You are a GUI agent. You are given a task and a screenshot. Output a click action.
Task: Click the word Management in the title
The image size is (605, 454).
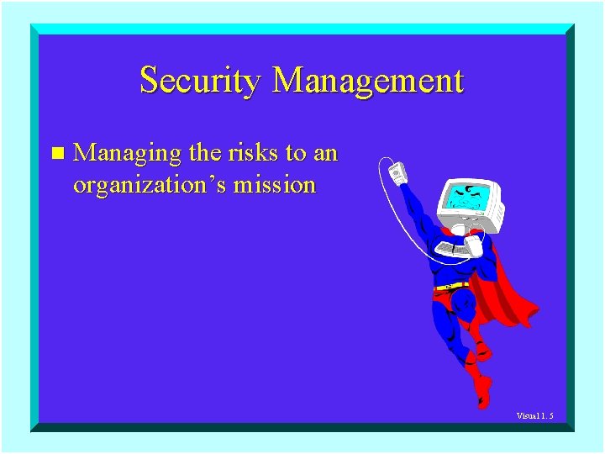pyautogui.click(x=368, y=82)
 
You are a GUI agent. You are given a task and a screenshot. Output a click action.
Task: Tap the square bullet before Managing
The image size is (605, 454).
pyautogui.click(x=56, y=154)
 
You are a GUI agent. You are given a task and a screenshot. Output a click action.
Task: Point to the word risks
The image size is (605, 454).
pyautogui.click(x=254, y=154)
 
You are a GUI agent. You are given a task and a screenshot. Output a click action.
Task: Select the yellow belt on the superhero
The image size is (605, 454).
pyautogui.click(x=451, y=287)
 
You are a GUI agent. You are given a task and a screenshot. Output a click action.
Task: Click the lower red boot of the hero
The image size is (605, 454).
pyautogui.click(x=481, y=391)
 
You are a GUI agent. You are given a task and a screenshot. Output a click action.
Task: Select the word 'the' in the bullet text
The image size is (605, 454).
pyautogui.click(x=204, y=154)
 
